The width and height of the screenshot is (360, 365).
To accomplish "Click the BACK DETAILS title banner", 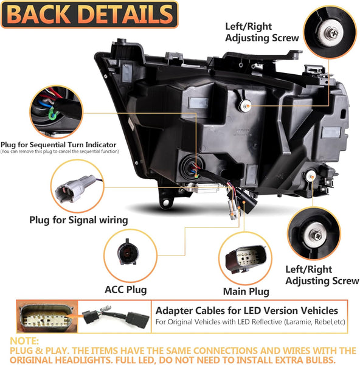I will (x=89, y=14).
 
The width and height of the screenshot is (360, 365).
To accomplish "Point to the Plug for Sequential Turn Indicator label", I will (x=60, y=144).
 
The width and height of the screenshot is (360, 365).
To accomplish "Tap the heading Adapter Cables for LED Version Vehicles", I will (x=247, y=311).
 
